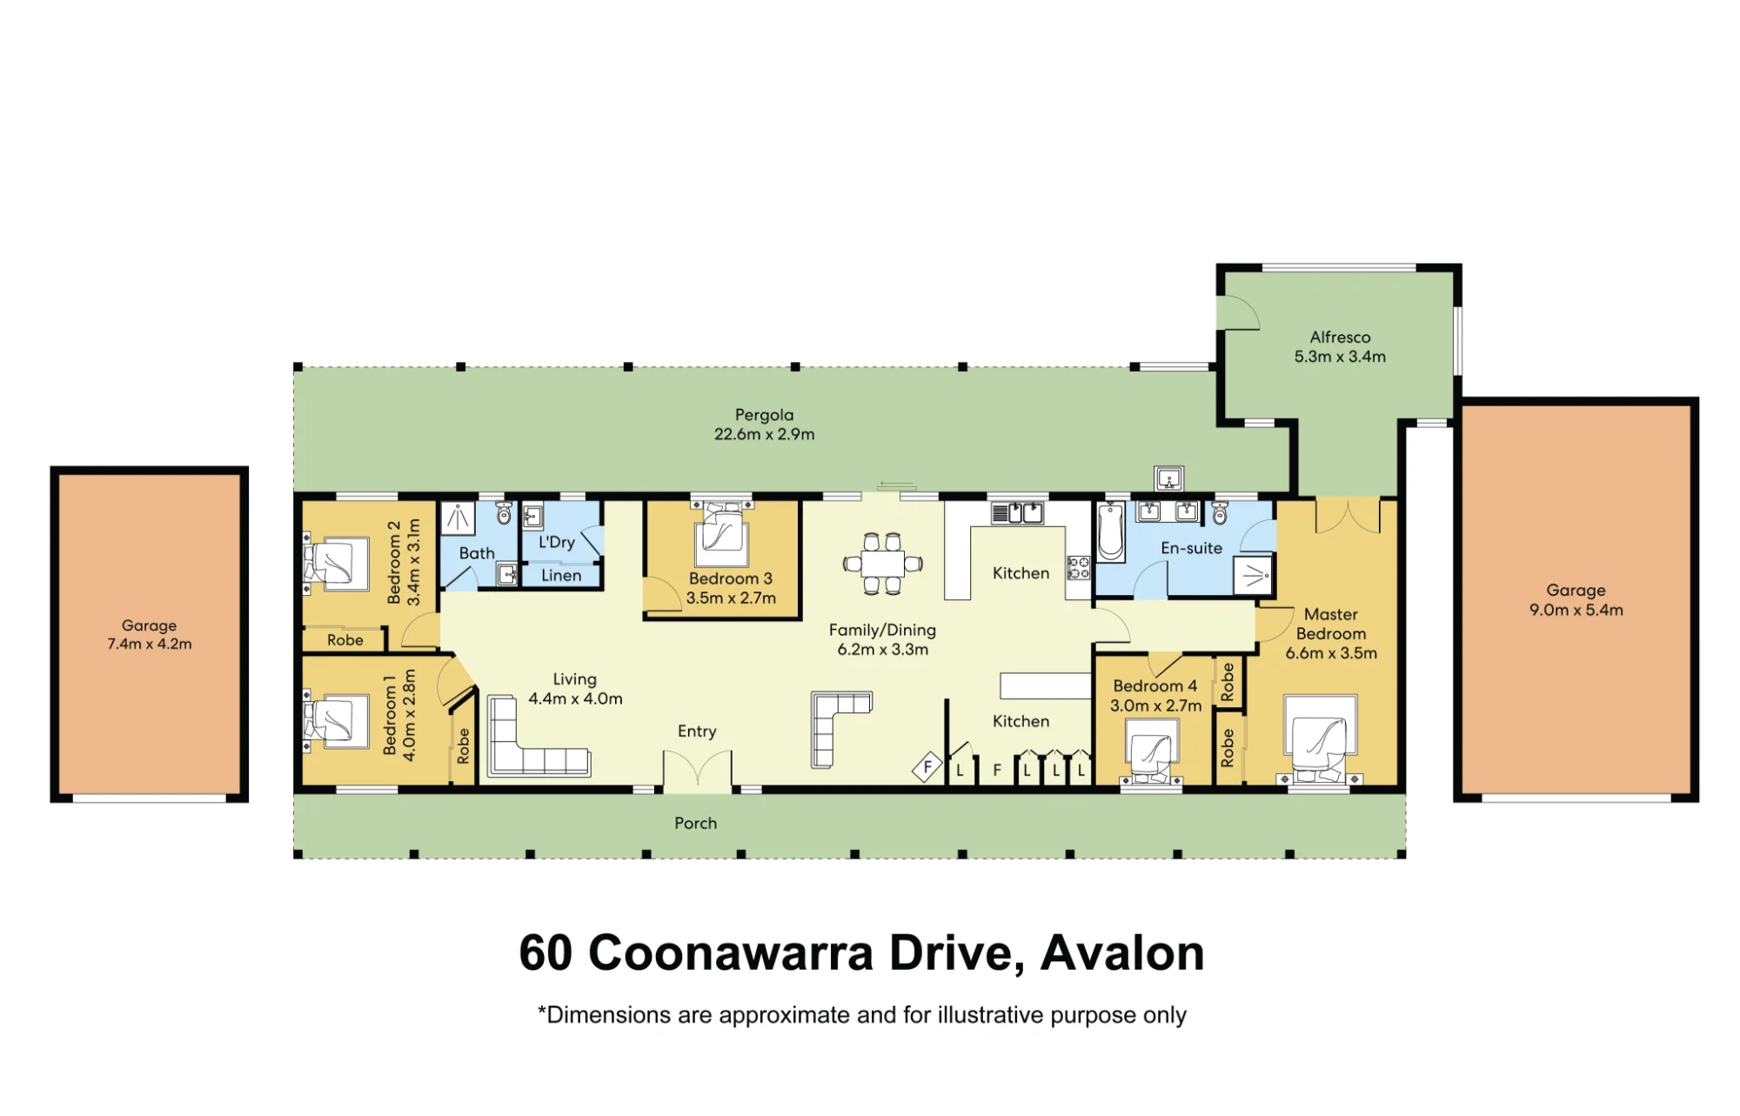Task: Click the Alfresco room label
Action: [1340, 337]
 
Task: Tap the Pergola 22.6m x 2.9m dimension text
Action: [764, 434]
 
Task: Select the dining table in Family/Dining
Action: [882, 564]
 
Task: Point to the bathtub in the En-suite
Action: [1111, 531]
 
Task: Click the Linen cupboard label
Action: [561, 576]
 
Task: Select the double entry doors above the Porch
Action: [698, 771]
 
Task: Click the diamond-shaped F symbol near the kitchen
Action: [927, 767]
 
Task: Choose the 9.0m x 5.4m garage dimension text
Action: [1576, 610]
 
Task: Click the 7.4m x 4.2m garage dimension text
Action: [150, 644]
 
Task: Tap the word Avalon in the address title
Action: [1122, 952]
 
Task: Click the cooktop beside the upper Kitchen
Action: [1079, 568]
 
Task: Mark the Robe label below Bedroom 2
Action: [345, 640]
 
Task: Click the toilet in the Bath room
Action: [504, 512]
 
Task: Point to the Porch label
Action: [696, 823]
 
